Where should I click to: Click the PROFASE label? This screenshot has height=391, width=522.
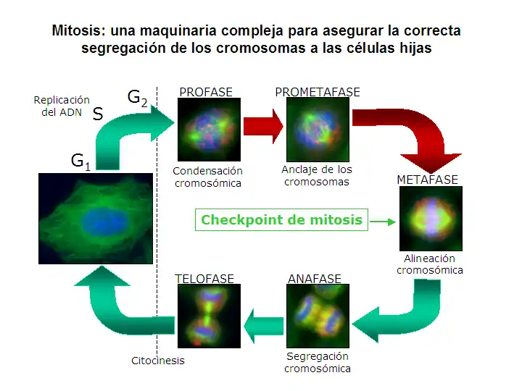[206, 92]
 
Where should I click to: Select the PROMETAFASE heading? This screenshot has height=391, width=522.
[317, 92]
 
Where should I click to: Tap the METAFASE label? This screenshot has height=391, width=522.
[428, 180]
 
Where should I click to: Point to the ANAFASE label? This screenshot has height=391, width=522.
[315, 279]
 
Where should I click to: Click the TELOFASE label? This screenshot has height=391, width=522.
[204, 279]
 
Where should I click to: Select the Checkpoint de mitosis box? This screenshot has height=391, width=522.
[281, 220]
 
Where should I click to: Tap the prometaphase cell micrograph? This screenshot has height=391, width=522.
[317, 129]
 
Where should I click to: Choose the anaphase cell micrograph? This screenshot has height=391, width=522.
[318, 316]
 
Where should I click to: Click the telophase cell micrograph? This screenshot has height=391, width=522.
[207, 316]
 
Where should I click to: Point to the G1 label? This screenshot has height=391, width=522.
[80, 161]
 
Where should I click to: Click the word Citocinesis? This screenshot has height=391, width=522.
[158, 361]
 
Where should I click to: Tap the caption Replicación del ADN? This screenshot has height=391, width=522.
[62, 106]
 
